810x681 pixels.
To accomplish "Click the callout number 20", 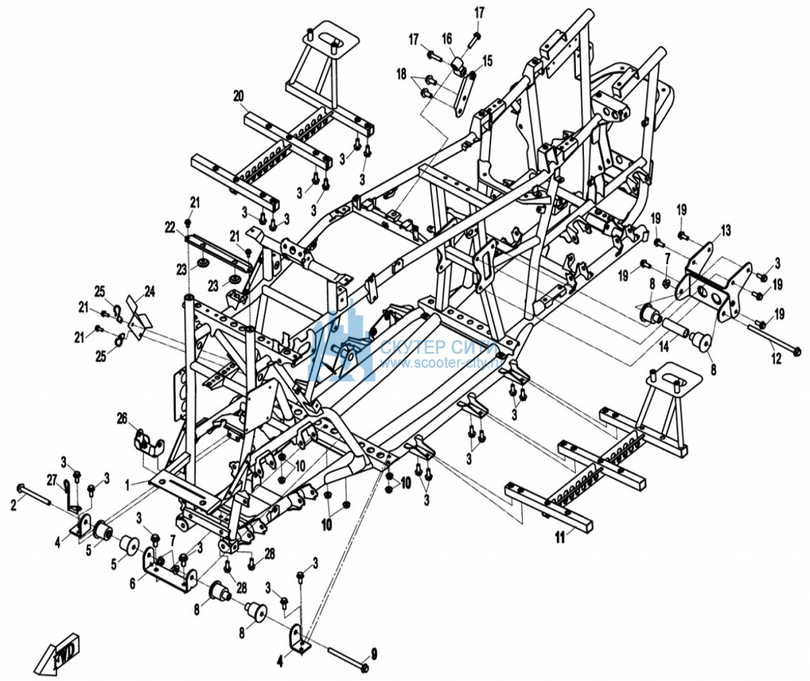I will tap(238, 96).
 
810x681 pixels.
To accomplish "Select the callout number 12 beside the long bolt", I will tap(776, 359).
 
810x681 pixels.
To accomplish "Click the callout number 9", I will tap(374, 653).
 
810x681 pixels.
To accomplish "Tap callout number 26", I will tap(122, 417).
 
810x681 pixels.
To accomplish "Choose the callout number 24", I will tap(150, 290).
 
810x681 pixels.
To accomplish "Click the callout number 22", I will tap(169, 227).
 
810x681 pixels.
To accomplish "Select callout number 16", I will tap(447, 39).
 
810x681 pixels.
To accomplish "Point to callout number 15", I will tap(486, 59).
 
